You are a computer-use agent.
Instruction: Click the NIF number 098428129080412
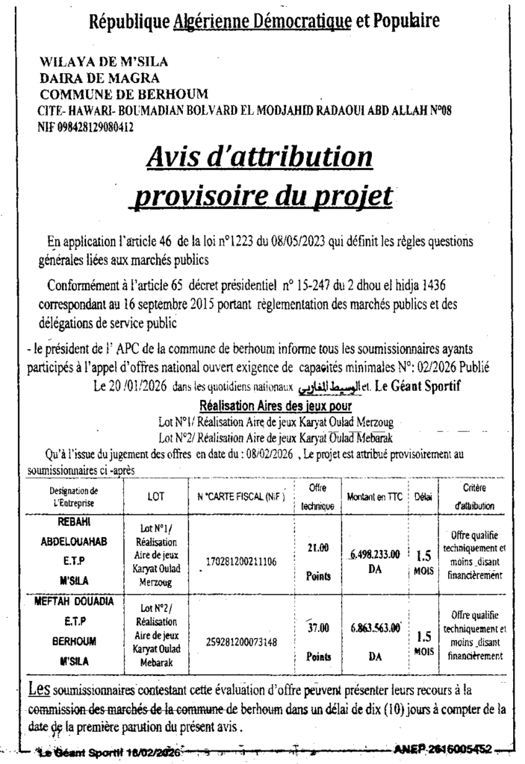86,127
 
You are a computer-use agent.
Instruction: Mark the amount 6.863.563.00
376,628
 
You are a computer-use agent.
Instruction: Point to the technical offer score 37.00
318,628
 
